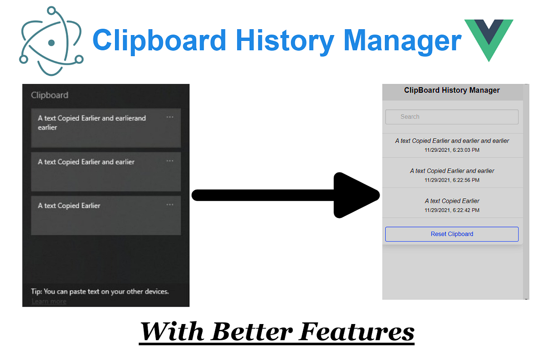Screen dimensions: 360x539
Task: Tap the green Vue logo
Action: point(489,38)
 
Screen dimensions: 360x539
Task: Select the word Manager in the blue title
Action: point(402,40)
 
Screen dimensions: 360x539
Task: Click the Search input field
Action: point(452,117)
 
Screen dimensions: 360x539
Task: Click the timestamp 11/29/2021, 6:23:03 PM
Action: point(452,150)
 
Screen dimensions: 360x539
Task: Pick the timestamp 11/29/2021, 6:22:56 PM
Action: point(452,180)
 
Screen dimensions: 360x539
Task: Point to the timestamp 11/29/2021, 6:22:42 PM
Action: point(452,210)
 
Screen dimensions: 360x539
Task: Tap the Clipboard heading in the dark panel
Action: point(49,95)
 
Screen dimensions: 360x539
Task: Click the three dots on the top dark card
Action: point(170,117)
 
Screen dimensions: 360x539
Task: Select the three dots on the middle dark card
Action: point(170,160)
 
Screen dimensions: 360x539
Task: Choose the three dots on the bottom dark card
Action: point(170,204)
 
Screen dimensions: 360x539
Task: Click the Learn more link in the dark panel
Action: point(49,301)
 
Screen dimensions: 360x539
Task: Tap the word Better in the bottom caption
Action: point(252,332)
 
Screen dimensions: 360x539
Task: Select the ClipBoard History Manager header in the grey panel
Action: point(452,90)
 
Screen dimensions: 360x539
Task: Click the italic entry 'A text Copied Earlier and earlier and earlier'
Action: point(452,141)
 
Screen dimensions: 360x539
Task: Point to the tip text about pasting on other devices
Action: point(100,291)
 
